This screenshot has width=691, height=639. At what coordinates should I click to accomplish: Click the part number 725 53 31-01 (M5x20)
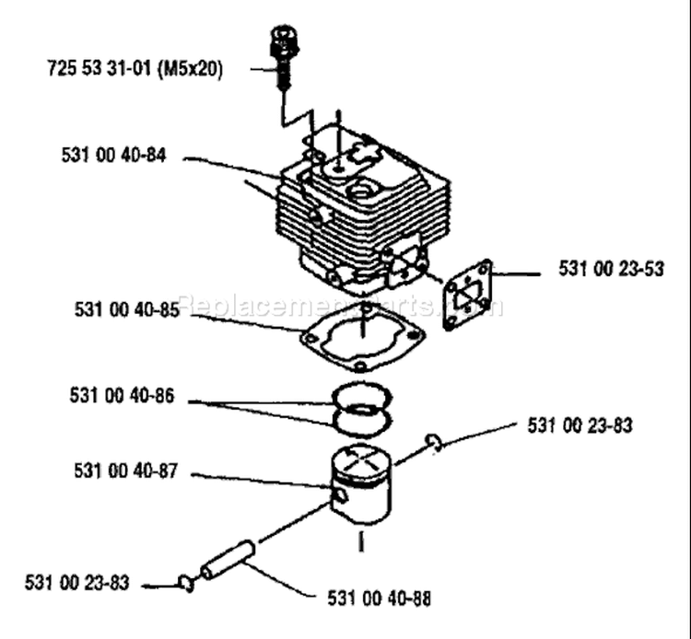pos(135,69)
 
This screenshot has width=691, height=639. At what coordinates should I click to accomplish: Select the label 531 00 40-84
pos(113,156)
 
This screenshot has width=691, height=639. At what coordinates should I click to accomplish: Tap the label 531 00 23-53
pos(611,269)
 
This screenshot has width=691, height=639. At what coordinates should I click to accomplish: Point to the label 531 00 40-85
pos(127,309)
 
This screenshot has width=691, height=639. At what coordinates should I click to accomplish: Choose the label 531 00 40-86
pos(122,395)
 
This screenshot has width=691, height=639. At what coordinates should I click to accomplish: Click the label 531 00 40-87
pos(125,471)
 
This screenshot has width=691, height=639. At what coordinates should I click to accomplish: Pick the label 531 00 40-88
pos(379,598)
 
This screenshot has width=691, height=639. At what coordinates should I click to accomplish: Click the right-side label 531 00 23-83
pos(580,425)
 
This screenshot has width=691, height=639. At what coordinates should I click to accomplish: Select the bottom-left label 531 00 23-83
pos(77,583)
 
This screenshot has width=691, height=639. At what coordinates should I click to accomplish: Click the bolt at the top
pos(285,57)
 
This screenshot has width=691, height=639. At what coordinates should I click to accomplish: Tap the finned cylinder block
pos(362,212)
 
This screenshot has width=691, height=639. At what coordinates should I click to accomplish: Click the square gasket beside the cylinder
pos(467,295)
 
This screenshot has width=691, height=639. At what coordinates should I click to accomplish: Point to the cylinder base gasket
pos(361,340)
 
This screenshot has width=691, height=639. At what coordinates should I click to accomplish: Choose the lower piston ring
pos(362,423)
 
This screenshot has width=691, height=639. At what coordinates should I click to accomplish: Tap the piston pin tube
pos(228,559)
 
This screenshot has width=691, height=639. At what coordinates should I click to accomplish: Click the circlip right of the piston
pos(434,443)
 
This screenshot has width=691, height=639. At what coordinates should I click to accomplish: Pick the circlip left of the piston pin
pos(186,584)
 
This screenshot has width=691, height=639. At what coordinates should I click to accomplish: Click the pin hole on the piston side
pos(341,495)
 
